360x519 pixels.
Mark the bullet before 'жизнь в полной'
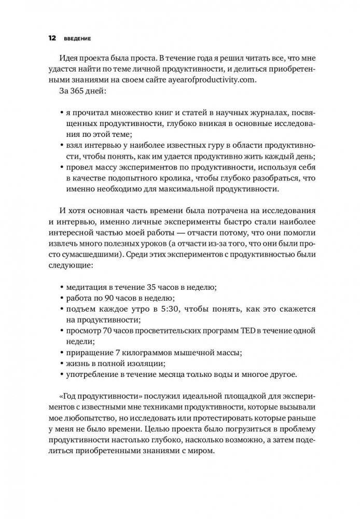[x=63, y=366]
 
